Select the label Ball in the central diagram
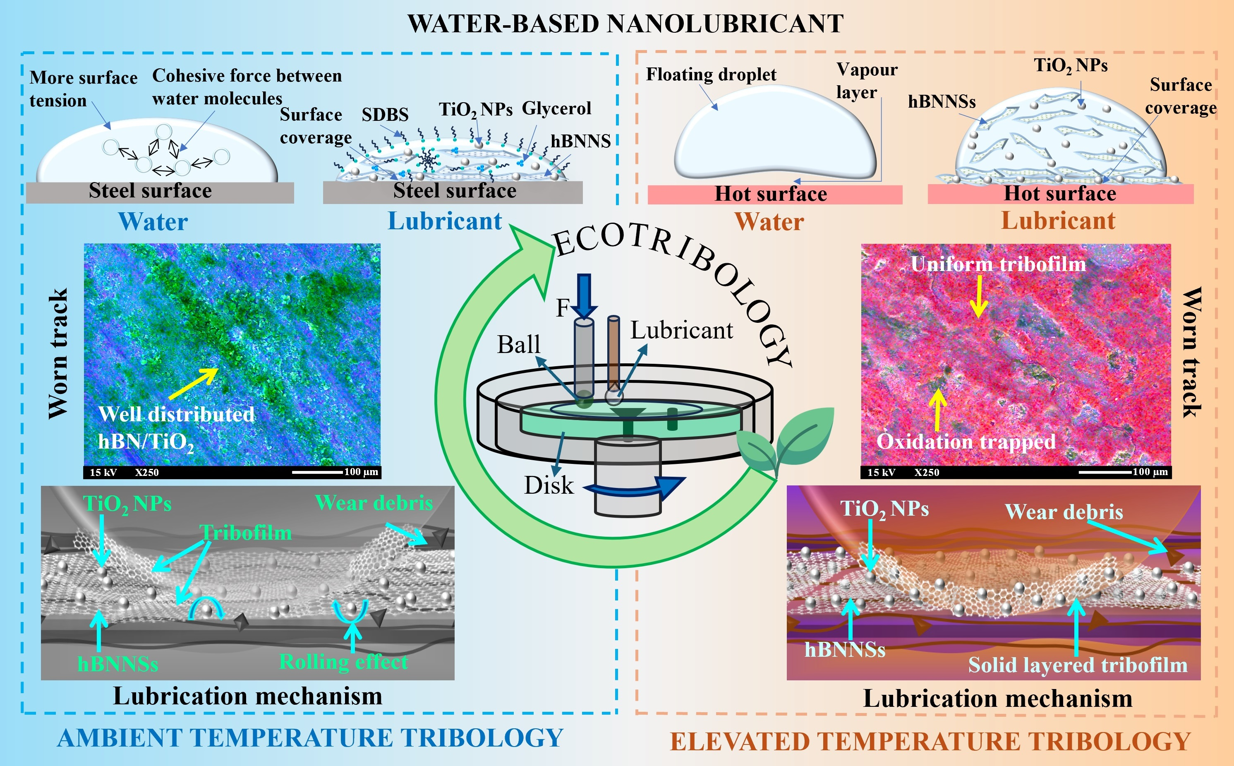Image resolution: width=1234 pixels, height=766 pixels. pyautogui.click(x=518, y=344)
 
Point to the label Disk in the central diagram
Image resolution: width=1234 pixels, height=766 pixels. pyautogui.click(x=549, y=485)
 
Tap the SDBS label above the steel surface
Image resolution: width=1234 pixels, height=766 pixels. pyautogui.click(x=385, y=115)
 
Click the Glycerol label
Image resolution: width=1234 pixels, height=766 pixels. pyautogui.click(x=556, y=108)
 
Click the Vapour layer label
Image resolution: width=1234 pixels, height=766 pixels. pyautogui.click(x=866, y=81)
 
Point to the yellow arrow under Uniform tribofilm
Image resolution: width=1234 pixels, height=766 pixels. pyautogui.click(x=979, y=296)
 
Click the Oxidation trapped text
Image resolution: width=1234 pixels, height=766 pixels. pyautogui.click(x=966, y=441)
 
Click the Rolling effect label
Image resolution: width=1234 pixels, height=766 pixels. pyautogui.click(x=343, y=662)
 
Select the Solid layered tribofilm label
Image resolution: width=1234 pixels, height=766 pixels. pyautogui.click(x=1078, y=665)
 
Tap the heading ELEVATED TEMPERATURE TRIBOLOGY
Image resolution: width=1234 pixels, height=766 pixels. pyautogui.click(x=930, y=741)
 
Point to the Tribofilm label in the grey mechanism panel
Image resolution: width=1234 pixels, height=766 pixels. pyautogui.click(x=246, y=533)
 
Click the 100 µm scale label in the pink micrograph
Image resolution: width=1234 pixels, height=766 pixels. pyautogui.click(x=1150, y=472)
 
